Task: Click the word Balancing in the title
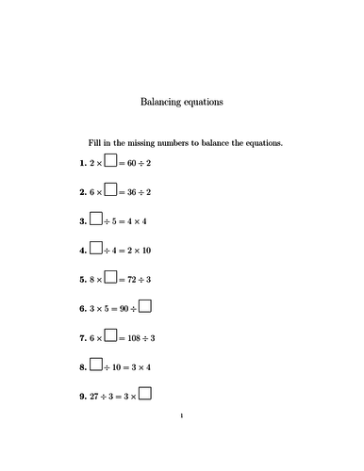coord(161,100)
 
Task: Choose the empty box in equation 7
coord(110,335)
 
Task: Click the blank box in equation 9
coord(145,395)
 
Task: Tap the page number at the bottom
coord(181,441)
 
